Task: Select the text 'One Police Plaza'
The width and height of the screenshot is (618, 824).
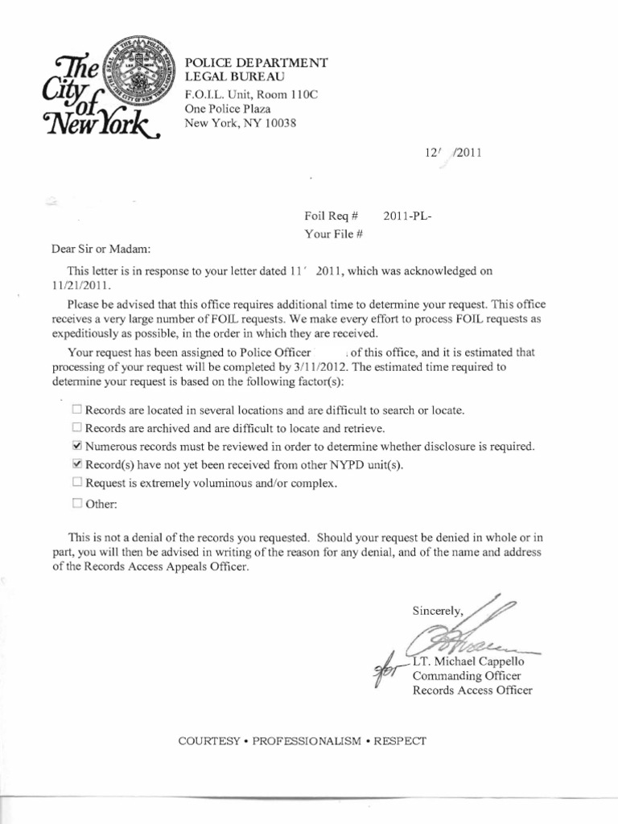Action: [x=228, y=109]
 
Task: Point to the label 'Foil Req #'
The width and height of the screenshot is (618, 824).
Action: [x=330, y=216]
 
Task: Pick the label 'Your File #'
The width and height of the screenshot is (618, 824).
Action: [x=334, y=234]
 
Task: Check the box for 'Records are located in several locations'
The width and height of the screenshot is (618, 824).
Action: [x=76, y=410]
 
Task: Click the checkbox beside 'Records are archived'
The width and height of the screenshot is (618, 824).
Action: [x=76, y=427]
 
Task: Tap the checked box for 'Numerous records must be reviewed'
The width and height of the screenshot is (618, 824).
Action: [x=76, y=446]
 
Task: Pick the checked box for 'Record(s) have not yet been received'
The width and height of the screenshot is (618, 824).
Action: [x=76, y=464]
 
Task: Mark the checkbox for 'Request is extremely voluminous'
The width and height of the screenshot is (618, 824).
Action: [x=76, y=483]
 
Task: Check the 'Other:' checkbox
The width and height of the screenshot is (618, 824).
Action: [x=76, y=505]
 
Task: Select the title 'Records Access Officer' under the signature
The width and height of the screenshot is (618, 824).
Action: [x=472, y=690]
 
